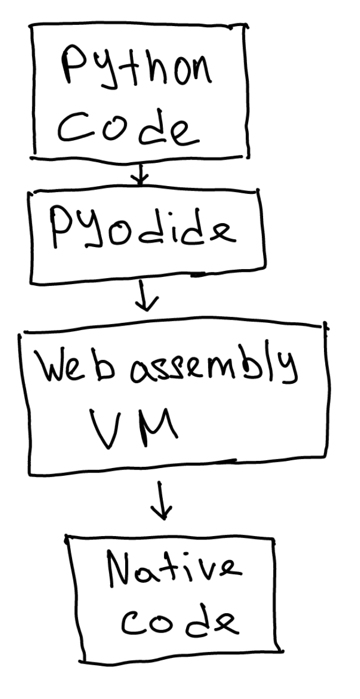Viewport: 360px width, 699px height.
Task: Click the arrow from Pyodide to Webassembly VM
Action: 148,300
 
